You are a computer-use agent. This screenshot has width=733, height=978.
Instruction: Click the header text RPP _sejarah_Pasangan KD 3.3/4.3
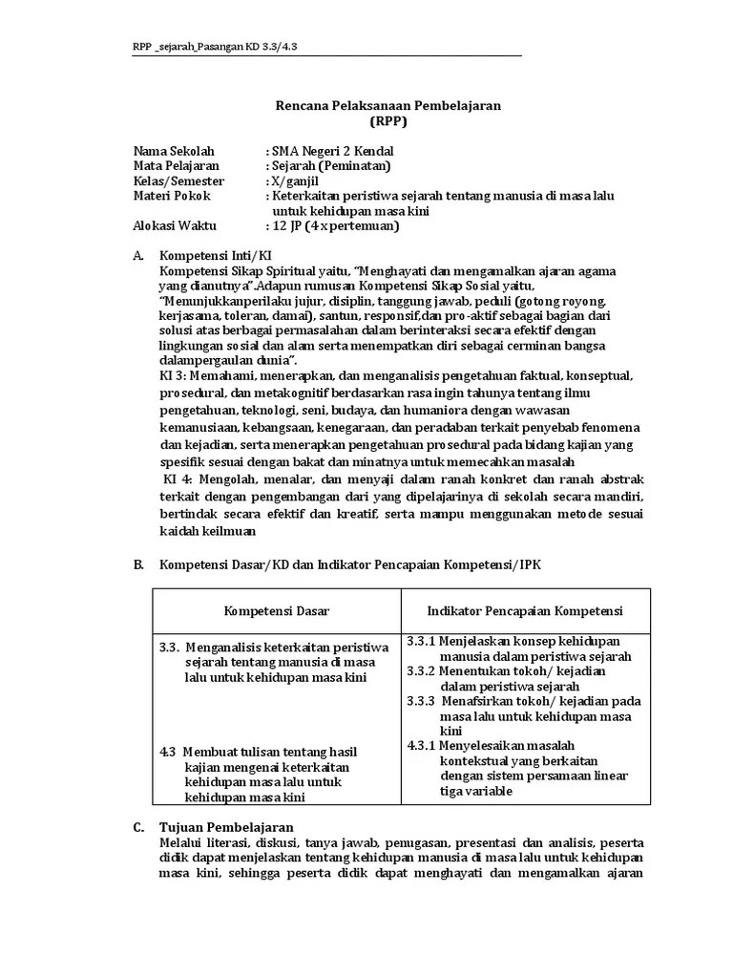[x=219, y=46]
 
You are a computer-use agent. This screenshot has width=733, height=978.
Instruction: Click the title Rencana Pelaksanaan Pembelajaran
[x=387, y=105]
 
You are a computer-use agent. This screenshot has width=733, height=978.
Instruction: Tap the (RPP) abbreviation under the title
[x=387, y=121]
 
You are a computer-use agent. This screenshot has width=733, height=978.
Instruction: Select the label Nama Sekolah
[x=175, y=151]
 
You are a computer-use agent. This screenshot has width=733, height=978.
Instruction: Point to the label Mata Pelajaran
[x=177, y=166]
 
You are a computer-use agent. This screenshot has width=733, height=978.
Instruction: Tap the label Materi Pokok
[x=172, y=196]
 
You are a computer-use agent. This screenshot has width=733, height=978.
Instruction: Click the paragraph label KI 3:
[x=176, y=376]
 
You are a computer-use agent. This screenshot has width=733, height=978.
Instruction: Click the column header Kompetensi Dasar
[x=277, y=610]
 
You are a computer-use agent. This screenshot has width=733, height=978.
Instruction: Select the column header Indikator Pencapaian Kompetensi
[x=524, y=610]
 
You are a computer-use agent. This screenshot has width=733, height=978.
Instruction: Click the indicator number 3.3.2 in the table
[x=421, y=671]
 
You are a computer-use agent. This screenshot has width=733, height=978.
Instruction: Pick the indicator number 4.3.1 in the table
[x=421, y=745]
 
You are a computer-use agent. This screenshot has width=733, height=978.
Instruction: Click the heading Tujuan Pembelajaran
[x=226, y=827]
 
